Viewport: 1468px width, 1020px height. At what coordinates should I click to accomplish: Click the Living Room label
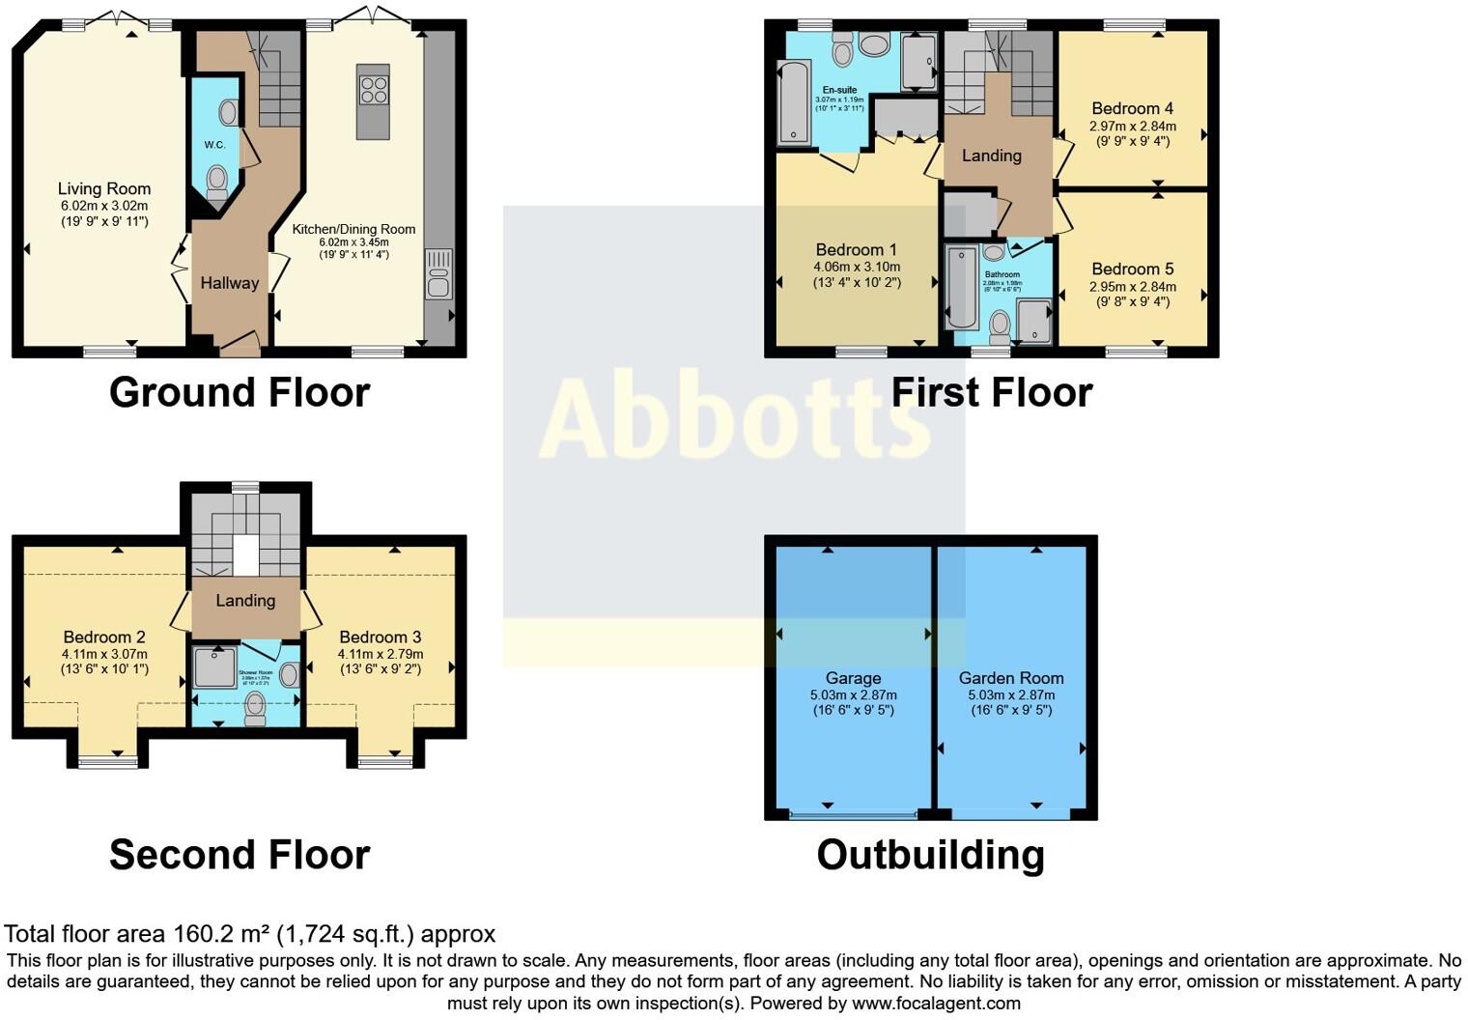coord(104,188)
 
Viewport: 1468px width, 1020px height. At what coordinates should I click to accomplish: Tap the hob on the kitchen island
coord(374,89)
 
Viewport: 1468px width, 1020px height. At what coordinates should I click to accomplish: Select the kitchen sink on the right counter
coord(438,273)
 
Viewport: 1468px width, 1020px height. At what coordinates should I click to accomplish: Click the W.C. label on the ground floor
coord(214,145)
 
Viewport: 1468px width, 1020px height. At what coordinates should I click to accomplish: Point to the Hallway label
coord(230,283)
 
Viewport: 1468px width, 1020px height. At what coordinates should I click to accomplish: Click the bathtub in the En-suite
coord(793,101)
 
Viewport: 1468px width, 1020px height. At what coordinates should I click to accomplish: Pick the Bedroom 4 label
coord(1132,108)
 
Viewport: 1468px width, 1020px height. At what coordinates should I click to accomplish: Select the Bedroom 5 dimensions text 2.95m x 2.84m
coord(1132,286)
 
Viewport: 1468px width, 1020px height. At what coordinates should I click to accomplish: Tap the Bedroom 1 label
coord(857,249)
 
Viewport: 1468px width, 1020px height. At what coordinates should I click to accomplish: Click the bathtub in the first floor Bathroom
coord(961,288)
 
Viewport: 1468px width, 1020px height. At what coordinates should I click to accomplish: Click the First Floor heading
coord(991,392)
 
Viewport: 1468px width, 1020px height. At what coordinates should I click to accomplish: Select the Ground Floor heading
coord(240,392)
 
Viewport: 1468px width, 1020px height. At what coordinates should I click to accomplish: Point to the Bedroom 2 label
coord(104,637)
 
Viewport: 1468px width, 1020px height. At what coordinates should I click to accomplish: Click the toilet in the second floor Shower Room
coord(255,708)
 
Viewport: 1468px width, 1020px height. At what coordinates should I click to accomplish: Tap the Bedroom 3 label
coord(381,637)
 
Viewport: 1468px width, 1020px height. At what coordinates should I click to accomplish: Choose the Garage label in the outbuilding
coord(853,678)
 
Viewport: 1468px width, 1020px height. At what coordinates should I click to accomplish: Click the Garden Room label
coord(1011,678)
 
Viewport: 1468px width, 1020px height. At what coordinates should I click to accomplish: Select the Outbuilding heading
coord(930,855)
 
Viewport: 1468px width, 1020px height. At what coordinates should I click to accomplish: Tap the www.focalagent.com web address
coord(936,1003)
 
